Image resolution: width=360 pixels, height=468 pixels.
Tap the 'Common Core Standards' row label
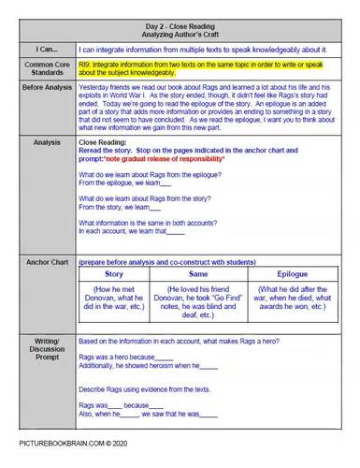pyautogui.click(x=40, y=67)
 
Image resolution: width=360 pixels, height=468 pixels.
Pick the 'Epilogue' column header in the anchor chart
pyautogui.click(x=292, y=274)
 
